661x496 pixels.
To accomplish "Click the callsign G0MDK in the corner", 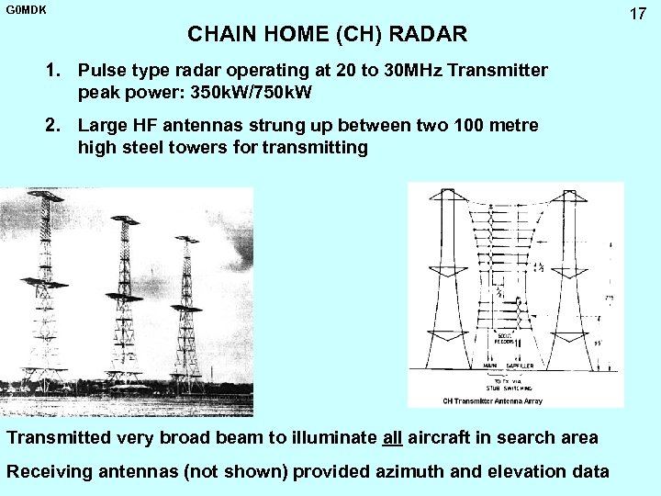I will (25, 9).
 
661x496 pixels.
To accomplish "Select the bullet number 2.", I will (57, 124).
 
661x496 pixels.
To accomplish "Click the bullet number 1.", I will (57, 71).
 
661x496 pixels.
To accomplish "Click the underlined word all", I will (393, 437).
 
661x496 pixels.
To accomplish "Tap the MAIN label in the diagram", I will (492, 364).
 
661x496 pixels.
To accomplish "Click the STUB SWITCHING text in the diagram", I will (510, 385).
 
